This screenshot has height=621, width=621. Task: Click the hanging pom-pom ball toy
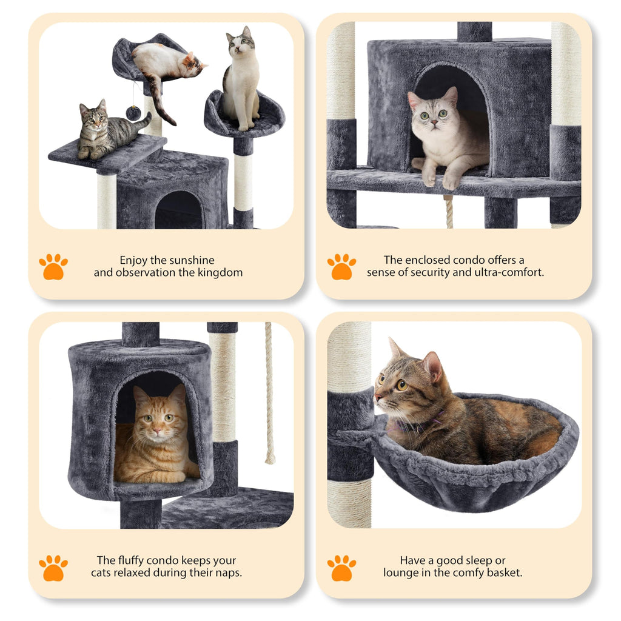coord(133,112)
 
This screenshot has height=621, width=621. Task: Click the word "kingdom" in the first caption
coord(220,273)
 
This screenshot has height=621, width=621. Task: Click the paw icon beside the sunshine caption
coord(53,267)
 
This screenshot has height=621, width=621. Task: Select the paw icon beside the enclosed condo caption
coord(341,267)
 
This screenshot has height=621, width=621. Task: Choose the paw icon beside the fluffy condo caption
coord(53,568)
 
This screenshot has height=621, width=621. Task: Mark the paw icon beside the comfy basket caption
coord(341,568)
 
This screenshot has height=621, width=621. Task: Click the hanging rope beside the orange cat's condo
coord(269,394)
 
